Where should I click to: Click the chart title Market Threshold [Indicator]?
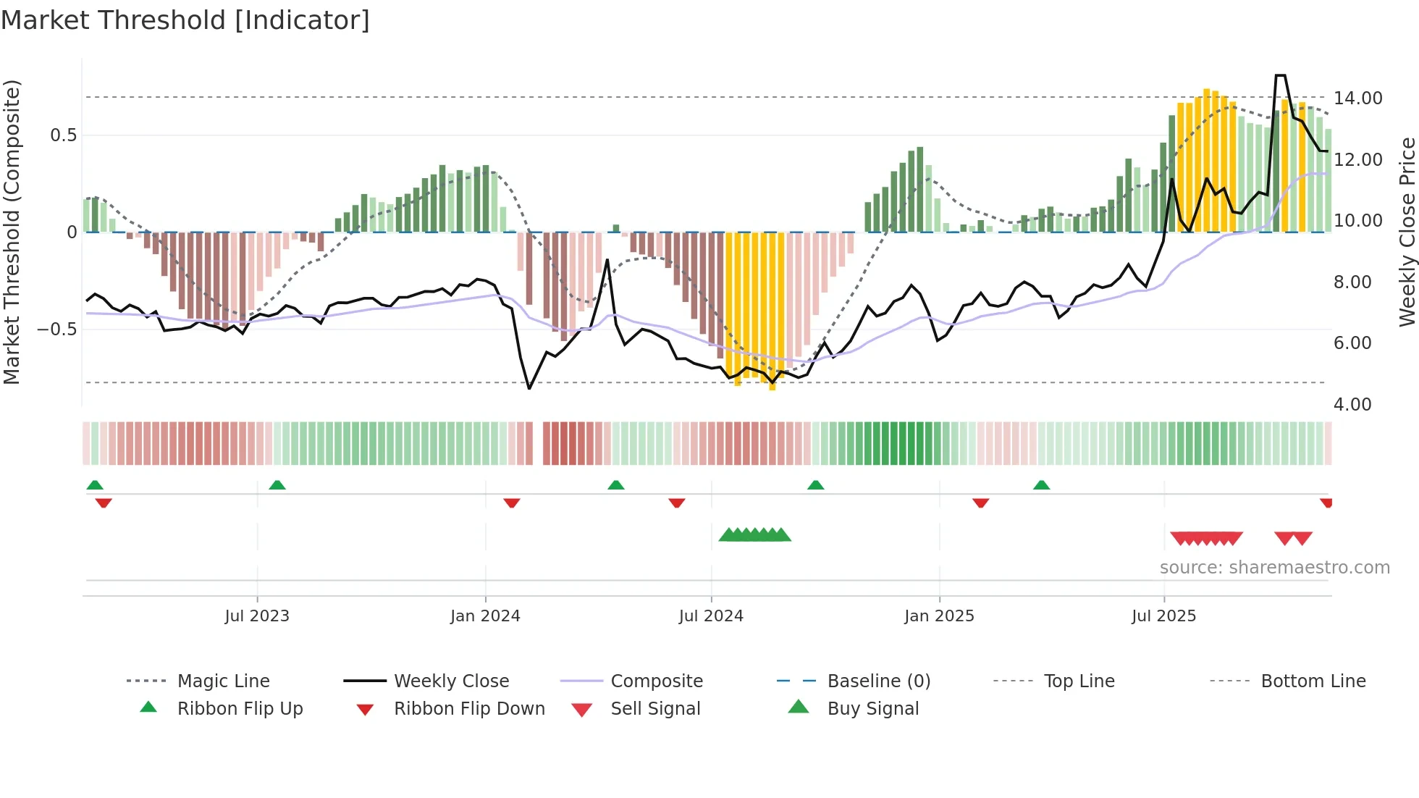click(185, 20)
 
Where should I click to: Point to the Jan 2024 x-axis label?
click(485, 616)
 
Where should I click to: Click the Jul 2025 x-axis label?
click(1163, 616)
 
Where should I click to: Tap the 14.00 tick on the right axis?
click(1357, 98)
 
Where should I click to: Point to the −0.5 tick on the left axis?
click(56, 329)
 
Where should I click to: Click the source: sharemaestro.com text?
click(1274, 568)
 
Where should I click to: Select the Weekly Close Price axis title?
click(1407, 232)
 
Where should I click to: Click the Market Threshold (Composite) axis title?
click(12, 232)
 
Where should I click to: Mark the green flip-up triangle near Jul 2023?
click(277, 485)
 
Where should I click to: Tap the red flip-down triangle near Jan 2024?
click(512, 503)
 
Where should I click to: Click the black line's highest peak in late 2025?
click(1280, 75)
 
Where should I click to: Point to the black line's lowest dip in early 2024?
click(529, 389)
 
